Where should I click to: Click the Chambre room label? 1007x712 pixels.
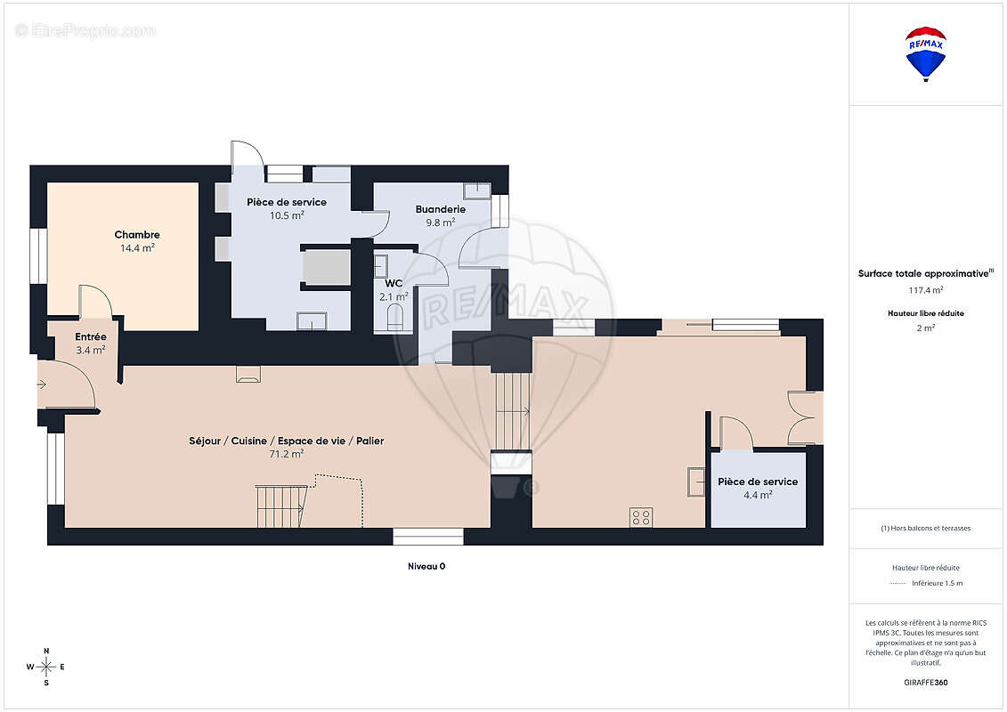coord(137,235)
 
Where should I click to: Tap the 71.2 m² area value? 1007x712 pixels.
coord(286,453)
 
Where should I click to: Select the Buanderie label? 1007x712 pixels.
coord(440,209)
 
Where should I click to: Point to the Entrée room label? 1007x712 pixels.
coord(91,336)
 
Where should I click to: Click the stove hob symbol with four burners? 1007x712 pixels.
coord(641,517)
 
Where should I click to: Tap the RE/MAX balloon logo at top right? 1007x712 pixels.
coord(925,53)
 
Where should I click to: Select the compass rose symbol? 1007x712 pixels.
coord(46,667)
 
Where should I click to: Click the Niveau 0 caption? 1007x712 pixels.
coord(426,566)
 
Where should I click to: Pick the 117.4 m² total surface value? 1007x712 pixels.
coord(925,289)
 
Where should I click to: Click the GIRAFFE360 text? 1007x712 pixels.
coord(925,684)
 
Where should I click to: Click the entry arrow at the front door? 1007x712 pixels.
coord(42,384)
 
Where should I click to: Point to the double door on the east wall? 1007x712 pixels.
coord(804,417)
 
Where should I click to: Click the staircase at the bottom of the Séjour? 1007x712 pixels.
coord(280,506)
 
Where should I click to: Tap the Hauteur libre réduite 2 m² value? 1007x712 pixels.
coord(925,328)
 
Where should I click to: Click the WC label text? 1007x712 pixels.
coord(394,283)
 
